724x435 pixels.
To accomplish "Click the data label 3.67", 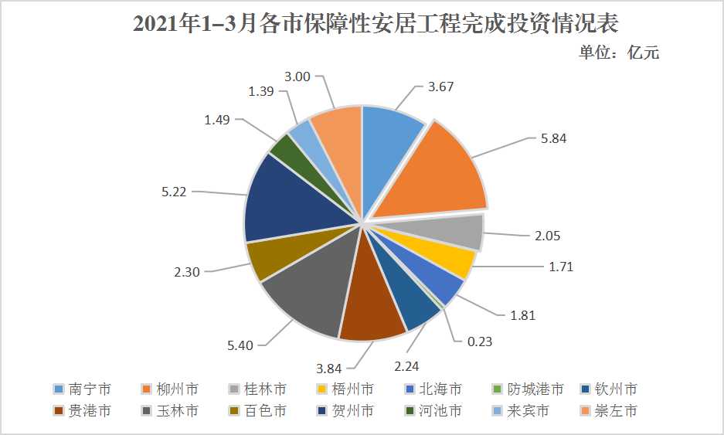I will click(440, 87).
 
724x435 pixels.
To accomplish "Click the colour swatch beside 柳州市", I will click(145, 389).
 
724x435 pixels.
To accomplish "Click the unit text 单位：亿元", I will click(619, 53).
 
